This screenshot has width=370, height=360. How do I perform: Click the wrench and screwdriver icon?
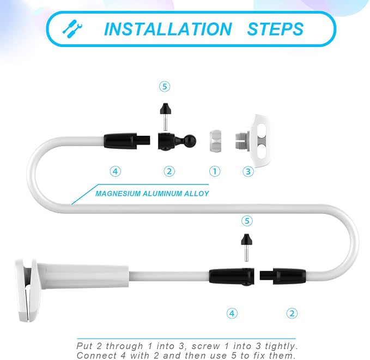[72, 29]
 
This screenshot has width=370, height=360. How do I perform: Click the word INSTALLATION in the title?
[168, 29]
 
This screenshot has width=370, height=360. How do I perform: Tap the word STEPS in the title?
[275, 29]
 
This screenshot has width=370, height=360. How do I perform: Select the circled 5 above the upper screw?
[165, 87]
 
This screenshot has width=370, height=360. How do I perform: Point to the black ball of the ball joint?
[190, 141]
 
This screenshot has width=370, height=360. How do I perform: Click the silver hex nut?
[215, 141]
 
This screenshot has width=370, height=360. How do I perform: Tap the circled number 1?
[215, 171]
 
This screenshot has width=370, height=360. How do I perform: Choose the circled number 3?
[248, 171]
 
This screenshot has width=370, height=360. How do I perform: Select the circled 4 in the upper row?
[116, 171]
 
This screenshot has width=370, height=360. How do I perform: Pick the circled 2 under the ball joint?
[169, 171]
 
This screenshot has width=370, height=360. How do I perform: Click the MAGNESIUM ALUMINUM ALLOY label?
[152, 194]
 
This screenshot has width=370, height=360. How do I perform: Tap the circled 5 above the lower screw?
[247, 221]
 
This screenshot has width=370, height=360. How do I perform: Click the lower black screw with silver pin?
[247, 248]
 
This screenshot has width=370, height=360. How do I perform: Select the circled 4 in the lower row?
[232, 314]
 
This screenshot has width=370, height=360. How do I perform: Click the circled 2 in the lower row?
[292, 314]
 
